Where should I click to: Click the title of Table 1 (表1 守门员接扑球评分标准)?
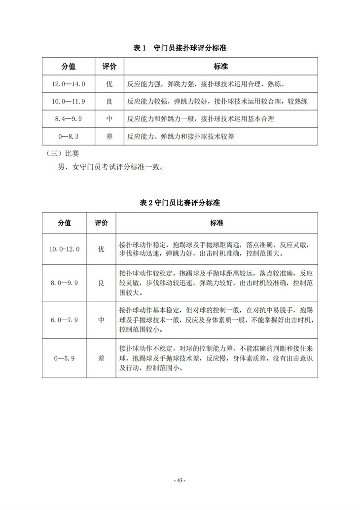click(x=180, y=48)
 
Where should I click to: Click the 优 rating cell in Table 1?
click(x=109, y=84)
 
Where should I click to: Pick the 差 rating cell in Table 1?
click(x=109, y=136)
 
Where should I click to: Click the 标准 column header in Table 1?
click(x=220, y=66)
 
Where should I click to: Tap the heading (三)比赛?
click(x=58, y=153)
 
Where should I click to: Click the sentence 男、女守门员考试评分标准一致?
click(x=110, y=166)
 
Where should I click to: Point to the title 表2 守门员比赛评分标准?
click(x=180, y=203)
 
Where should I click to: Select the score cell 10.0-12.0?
click(x=64, y=249)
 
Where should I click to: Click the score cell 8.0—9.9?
click(x=64, y=283)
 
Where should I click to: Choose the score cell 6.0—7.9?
click(x=64, y=320)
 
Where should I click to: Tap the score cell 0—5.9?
click(x=64, y=358)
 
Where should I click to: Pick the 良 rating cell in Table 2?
click(x=101, y=283)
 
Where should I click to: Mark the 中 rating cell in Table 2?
click(x=101, y=320)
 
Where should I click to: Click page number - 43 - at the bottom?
click(x=180, y=481)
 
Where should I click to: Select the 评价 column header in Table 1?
click(x=109, y=66)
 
